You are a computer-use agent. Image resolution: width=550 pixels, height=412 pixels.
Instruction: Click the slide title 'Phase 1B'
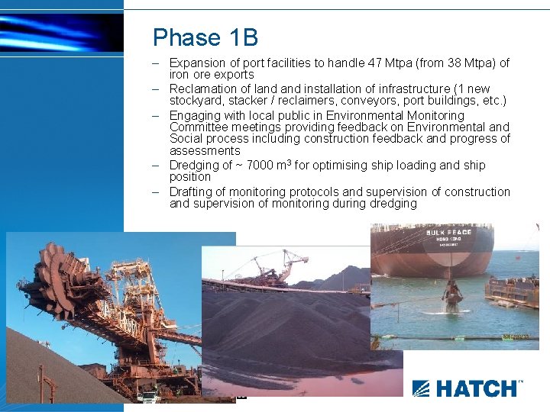[205, 37]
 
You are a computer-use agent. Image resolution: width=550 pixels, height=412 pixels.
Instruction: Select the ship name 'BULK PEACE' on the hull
[449, 232]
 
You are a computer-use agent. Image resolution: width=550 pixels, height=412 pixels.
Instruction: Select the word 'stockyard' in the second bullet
[195, 101]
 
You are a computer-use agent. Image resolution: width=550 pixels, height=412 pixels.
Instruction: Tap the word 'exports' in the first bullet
[234, 75]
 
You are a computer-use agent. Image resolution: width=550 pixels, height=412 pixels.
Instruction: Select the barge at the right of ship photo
[512, 290]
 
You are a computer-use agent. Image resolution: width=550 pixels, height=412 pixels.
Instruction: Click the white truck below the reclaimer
[149, 395]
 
